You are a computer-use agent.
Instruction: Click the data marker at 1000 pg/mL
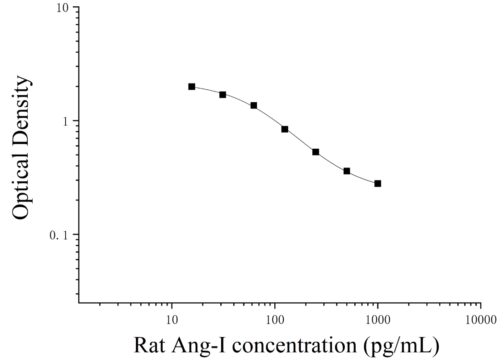[378, 183]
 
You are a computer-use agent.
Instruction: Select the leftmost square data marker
[192, 87]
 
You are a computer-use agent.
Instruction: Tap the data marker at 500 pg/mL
[347, 171]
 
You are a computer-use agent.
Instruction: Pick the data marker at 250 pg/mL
[316, 152]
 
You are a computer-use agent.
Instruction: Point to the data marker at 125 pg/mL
[285, 129]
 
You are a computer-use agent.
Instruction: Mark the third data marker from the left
[254, 105]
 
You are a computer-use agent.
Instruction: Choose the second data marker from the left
[223, 95]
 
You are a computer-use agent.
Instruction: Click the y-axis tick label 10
[63, 8]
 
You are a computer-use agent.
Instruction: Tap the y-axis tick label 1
[66, 121]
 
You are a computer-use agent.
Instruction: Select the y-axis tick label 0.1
[59, 236]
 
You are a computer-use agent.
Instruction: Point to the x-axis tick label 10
[172, 319]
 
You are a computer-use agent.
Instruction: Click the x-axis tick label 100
[275, 319]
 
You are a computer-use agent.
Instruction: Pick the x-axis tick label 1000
[378, 319]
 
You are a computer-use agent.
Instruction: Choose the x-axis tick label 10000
[480, 319]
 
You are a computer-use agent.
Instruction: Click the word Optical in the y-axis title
[22, 184]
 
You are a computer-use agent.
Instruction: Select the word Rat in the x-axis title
[149, 345]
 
